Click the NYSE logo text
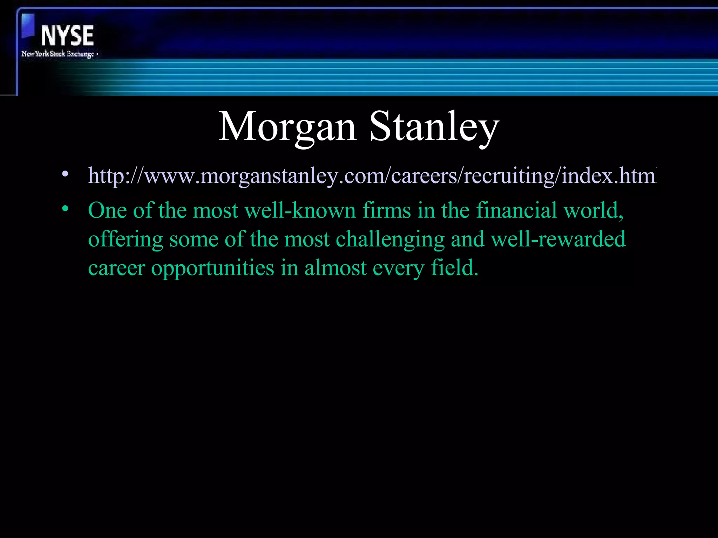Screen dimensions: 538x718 (x=67, y=36)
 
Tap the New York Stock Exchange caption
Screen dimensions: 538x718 (x=58, y=54)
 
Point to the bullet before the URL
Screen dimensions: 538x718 (x=65, y=174)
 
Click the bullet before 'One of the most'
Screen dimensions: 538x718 (x=65, y=209)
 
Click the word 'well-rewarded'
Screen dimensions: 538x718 (x=558, y=240)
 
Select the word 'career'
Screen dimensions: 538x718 (x=116, y=268)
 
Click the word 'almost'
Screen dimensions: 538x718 (x=335, y=268)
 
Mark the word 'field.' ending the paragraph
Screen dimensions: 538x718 (x=455, y=268)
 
